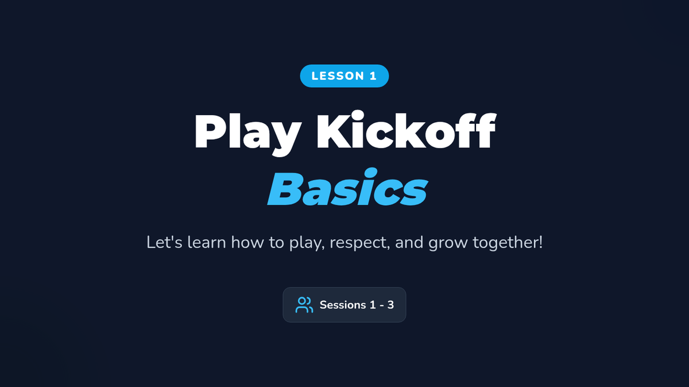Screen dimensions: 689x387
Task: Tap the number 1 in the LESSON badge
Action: pyautogui.click(x=373, y=76)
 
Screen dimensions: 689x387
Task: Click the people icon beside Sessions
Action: pyautogui.click(x=304, y=304)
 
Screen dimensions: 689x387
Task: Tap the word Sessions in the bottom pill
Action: pyautogui.click(x=343, y=305)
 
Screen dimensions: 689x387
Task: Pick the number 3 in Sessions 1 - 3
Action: pyautogui.click(x=390, y=305)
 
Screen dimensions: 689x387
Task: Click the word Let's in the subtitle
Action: pyautogui.click(x=164, y=242)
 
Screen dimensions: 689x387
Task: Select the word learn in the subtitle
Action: pyautogui.click(x=207, y=242)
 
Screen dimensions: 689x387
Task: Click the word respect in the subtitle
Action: pyautogui.click(x=359, y=243)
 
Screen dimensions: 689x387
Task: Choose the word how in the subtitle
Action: pyautogui.click(x=247, y=242)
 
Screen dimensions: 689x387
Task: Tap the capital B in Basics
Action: pyautogui.click(x=285, y=189)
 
